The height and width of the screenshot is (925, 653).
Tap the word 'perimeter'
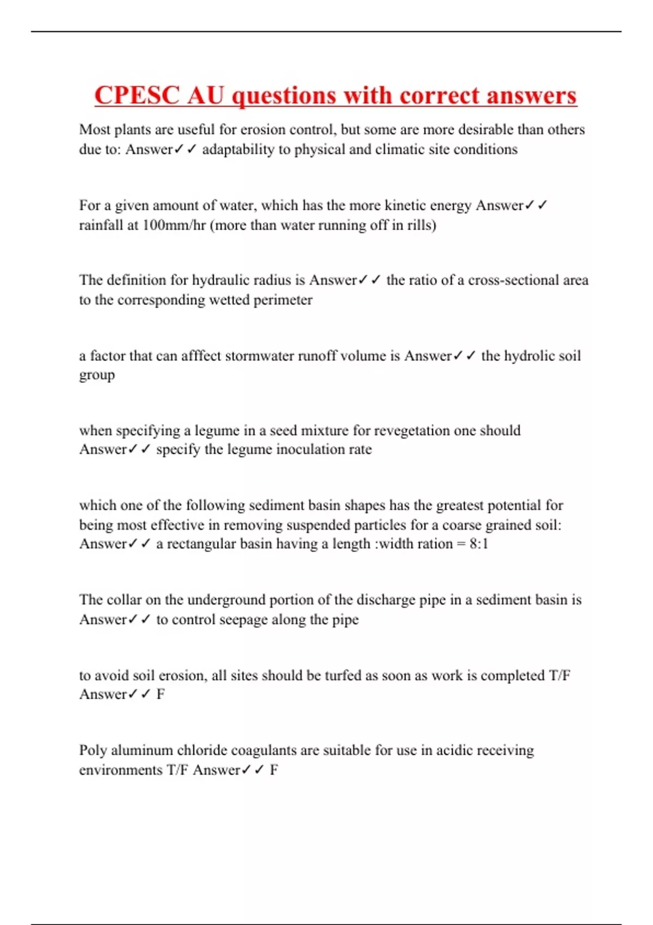click(x=283, y=300)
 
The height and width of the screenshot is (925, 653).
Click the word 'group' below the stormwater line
click(x=97, y=375)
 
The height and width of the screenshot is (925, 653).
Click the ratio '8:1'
click(x=479, y=544)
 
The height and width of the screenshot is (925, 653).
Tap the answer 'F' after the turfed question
click(x=160, y=694)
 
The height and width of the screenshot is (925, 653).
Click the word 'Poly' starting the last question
click(x=93, y=750)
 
